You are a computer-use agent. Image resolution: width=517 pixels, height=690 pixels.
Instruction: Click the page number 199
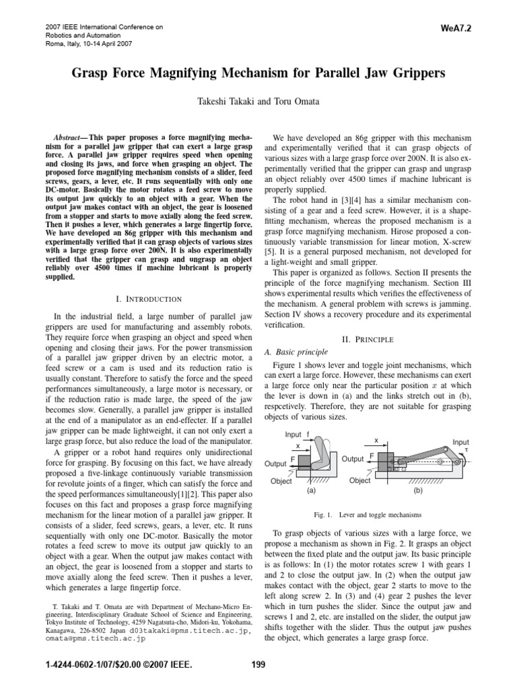(x=257, y=664)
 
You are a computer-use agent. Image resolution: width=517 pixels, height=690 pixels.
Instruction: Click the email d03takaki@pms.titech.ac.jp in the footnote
(x=169, y=631)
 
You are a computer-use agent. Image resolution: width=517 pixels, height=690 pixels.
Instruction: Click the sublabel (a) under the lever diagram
(x=310, y=491)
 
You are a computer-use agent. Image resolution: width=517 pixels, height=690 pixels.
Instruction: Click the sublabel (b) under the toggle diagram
(x=418, y=491)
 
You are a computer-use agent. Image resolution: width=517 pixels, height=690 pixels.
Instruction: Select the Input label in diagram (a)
(x=294, y=434)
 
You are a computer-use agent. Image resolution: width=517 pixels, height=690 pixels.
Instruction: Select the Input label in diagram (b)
(x=461, y=442)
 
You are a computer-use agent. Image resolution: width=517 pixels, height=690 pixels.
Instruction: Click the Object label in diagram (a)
(x=281, y=482)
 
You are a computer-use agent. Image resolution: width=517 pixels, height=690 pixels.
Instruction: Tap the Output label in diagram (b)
(x=353, y=459)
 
